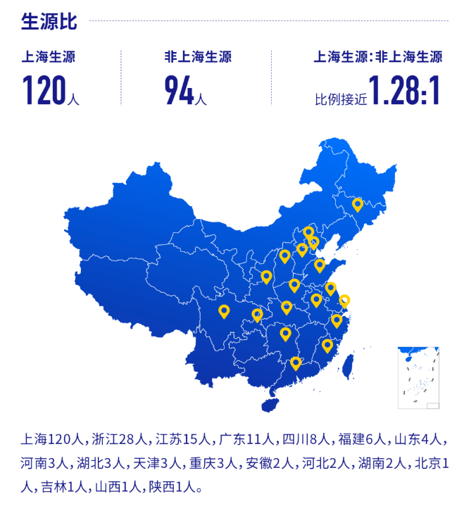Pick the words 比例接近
coord(341,99)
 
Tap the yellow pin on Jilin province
coord(357,204)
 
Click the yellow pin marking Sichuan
coord(224,310)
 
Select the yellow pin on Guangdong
coord(296,363)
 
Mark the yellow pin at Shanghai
coord(344,301)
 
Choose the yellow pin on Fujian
coord(327,345)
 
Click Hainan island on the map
coord(269,405)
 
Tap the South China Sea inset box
coord(418,377)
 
